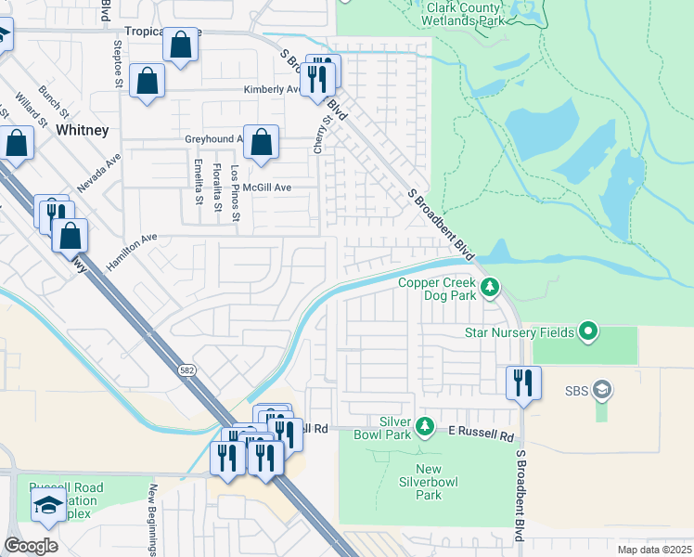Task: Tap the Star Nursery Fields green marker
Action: (x=587, y=331)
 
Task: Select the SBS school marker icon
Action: (x=602, y=389)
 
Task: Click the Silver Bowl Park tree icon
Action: (x=425, y=427)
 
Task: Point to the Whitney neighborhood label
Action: (x=83, y=130)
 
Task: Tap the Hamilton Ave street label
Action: (x=132, y=252)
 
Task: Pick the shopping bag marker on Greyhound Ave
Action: (x=262, y=144)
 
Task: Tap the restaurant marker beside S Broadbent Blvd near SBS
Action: (x=523, y=382)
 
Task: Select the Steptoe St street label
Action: (x=119, y=62)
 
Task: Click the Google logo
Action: (x=31, y=545)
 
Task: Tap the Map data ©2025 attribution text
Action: (x=654, y=550)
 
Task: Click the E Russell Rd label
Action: (x=481, y=434)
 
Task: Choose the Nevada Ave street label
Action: (x=99, y=173)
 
